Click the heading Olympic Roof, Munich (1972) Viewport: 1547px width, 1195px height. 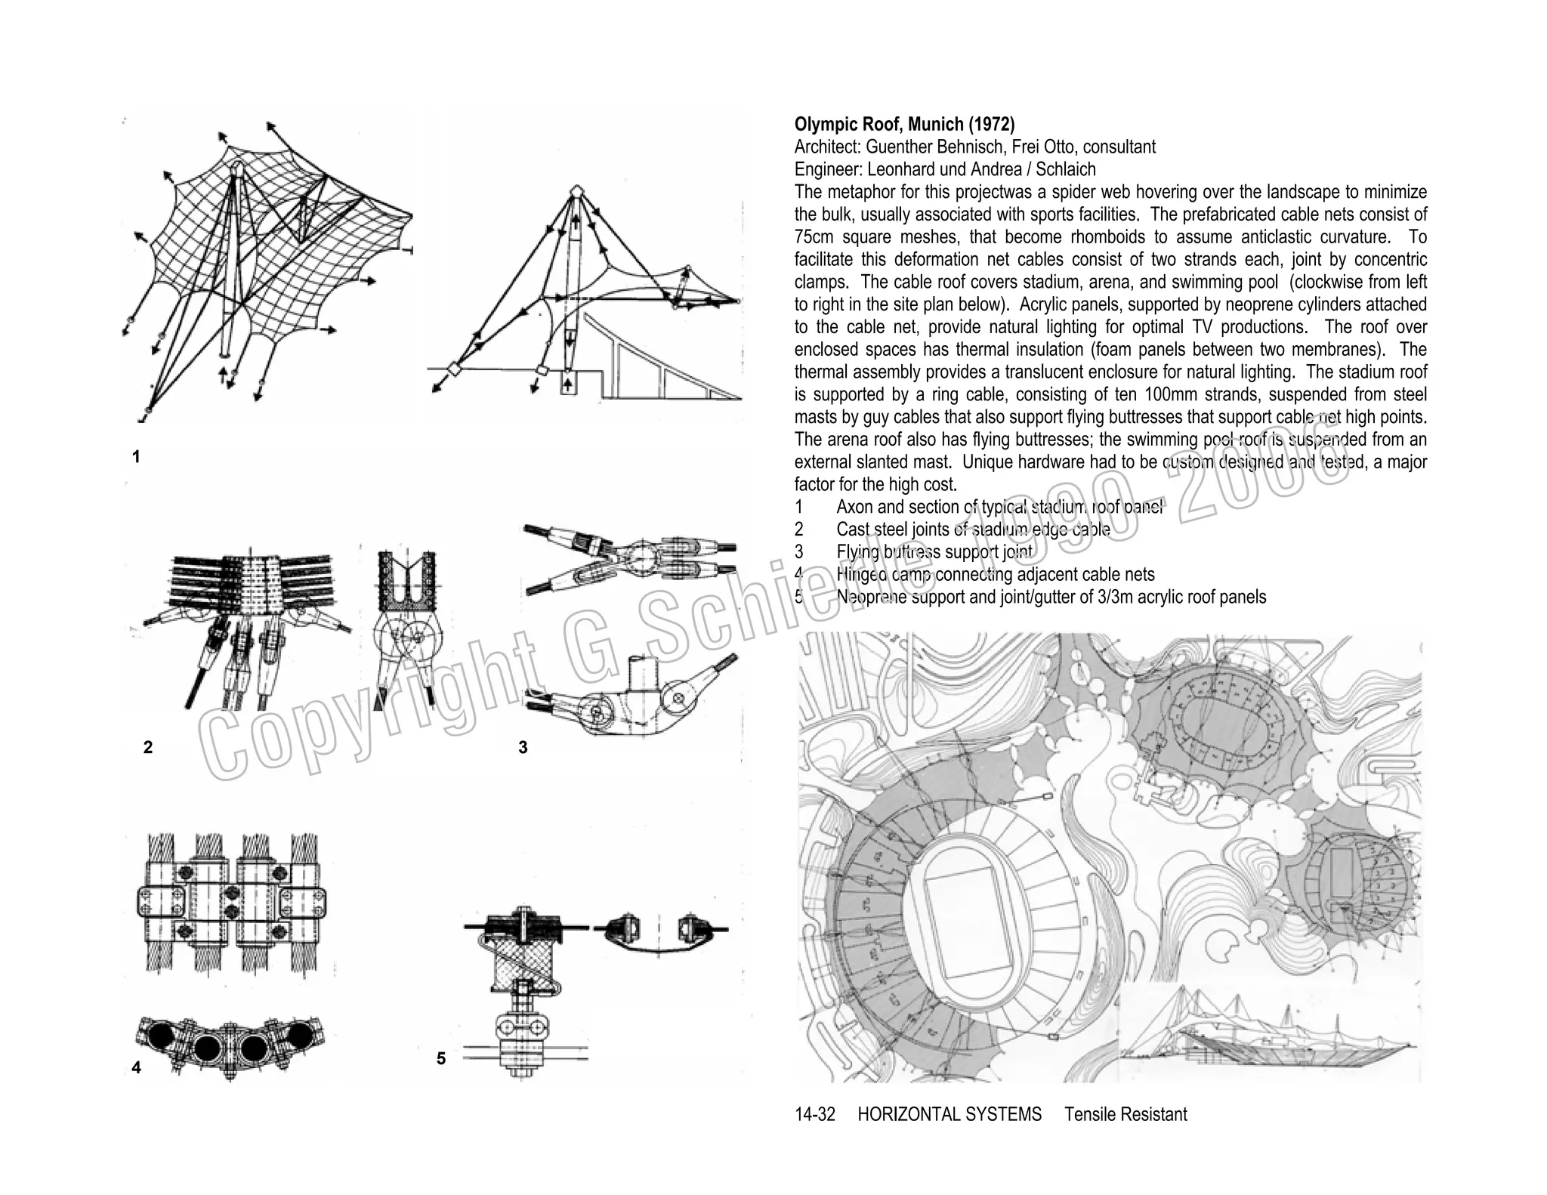(904, 124)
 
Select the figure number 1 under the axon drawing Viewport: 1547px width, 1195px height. (136, 457)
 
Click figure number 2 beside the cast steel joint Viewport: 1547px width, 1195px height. (148, 747)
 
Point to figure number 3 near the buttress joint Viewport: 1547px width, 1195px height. (523, 747)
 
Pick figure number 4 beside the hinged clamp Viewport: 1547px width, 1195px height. (136, 1067)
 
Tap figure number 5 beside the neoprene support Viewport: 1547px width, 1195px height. (441, 1058)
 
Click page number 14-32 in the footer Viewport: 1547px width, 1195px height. (815, 1114)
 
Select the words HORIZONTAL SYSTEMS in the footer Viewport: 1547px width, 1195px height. (950, 1114)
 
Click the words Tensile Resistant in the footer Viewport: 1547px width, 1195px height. (1126, 1114)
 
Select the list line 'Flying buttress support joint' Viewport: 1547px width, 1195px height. (934, 552)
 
